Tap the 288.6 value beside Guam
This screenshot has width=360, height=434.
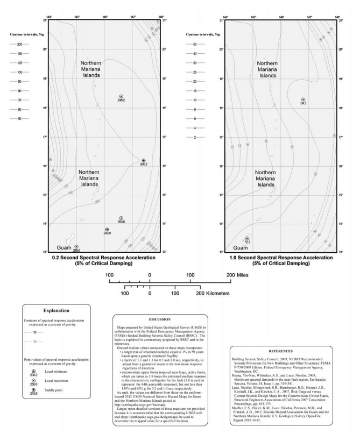(x=76, y=250)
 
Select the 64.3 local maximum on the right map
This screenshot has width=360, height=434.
(x=303, y=103)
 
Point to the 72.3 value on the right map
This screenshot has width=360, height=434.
(x=247, y=242)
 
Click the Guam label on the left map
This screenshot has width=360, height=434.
(x=63, y=248)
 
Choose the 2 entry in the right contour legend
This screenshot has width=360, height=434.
(x=195, y=137)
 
